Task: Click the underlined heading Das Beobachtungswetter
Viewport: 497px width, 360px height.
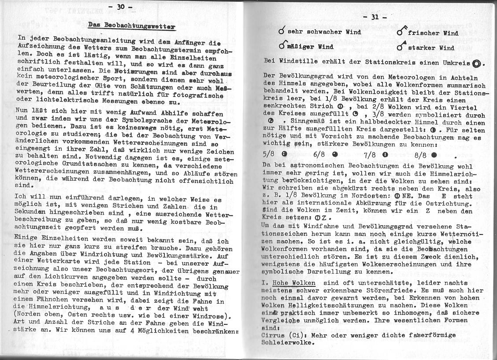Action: [131, 26]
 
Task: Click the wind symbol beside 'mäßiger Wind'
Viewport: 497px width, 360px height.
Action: [282, 46]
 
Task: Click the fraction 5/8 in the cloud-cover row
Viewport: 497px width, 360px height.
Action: [270, 155]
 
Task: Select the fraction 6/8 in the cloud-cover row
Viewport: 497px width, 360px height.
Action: [320, 155]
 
